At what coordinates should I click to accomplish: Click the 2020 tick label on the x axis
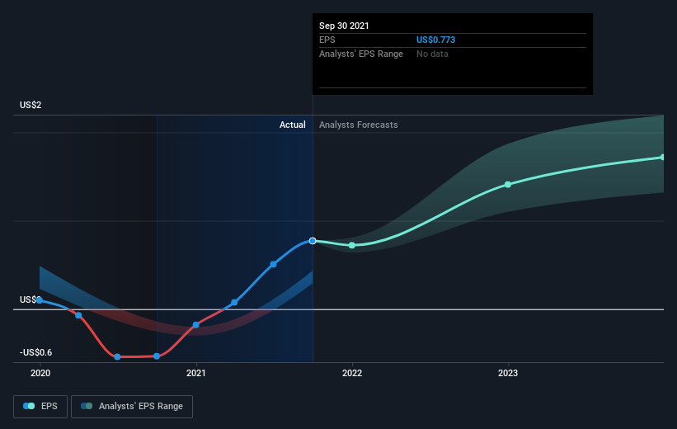tap(40, 374)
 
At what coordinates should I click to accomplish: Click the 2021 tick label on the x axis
tap(196, 374)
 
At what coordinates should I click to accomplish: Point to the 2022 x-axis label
tap(352, 374)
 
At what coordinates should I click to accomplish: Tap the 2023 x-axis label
tap(508, 374)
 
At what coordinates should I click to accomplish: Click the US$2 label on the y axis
tap(31, 106)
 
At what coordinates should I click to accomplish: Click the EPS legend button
tap(40, 406)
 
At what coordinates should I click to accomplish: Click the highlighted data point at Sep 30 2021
tap(313, 241)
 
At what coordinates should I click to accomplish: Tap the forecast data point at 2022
tap(352, 245)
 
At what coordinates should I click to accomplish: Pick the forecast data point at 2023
tap(508, 184)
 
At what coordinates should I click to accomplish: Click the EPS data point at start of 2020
tap(40, 300)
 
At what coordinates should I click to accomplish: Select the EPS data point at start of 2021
tap(196, 325)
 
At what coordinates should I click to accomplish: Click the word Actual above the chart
tap(292, 125)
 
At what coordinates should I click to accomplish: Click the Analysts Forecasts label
tap(358, 125)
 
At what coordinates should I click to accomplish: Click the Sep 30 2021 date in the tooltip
tap(344, 26)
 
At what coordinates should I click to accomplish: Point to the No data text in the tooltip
tap(433, 54)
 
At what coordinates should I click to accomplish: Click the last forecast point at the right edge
tap(662, 157)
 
